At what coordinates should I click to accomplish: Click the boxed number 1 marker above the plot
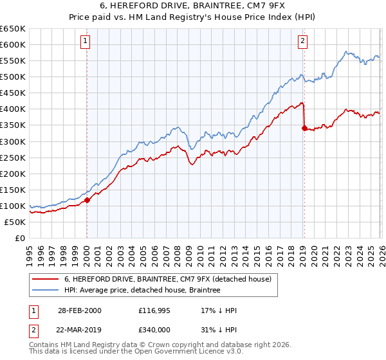click(x=86, y=42)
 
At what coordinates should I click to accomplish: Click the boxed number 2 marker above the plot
click(x=302, y=42)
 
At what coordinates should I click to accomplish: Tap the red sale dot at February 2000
click(x=87, y=200)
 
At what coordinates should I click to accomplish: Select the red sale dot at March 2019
click(x=304, y=128)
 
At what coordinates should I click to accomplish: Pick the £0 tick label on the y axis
click(x=20, y=238)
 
